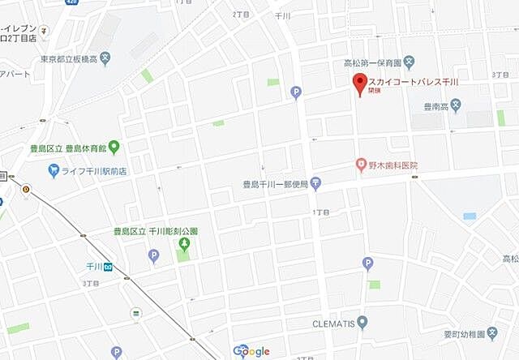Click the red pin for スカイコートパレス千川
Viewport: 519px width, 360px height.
[x=359, y=84]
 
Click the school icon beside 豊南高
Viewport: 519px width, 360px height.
[x=457, y=103]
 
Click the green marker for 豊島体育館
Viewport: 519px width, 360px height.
[x=114, y=148]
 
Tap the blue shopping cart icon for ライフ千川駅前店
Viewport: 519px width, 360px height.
[x=54, y=170]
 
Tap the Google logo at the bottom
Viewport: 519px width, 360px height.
[x=251, y=350]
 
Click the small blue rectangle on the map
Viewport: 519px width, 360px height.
[x=470, y=216]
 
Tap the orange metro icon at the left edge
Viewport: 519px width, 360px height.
[x=27, y=191]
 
